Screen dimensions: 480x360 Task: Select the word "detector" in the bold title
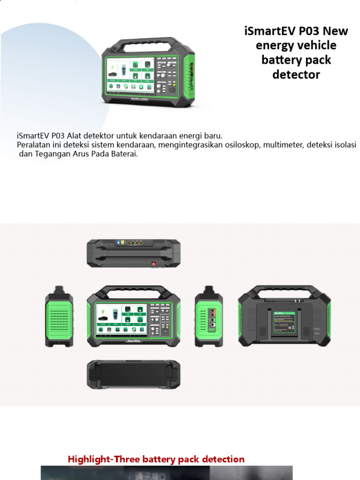click(296, 75)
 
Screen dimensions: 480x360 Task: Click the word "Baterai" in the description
click(124, 154)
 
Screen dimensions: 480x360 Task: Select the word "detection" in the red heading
click(222, 459)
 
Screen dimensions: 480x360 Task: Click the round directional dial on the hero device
click(172, 89)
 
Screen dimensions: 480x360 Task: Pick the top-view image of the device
click(134, 253)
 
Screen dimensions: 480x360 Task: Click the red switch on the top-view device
click(153, 264)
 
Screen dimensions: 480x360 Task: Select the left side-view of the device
click(59, 316)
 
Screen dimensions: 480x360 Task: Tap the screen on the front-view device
click(121, 319)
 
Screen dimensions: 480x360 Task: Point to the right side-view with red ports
click(209, 316)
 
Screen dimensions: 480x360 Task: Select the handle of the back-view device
click(285, 290)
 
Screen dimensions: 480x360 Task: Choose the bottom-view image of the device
click(134, 375)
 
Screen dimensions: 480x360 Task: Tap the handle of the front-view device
click(134, 291)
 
